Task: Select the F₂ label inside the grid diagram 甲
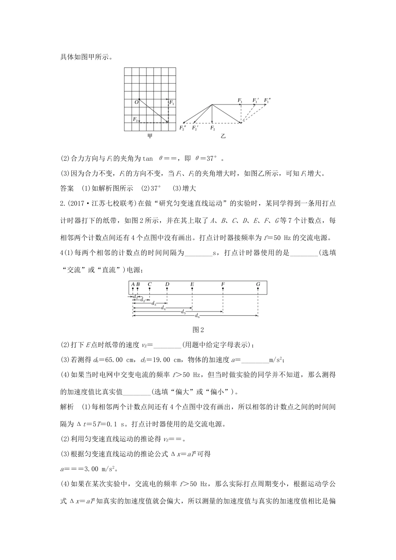click(135, 119)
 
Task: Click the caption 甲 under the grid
click(150, 136)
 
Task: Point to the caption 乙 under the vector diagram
click(223, 136)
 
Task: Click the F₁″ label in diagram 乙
click(267, 100)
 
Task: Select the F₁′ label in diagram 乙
click(255, 100)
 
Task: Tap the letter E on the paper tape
click(192, 284)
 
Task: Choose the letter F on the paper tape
click(223, 284)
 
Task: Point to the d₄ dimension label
click(163, 308)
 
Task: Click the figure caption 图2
click(198, 330)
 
